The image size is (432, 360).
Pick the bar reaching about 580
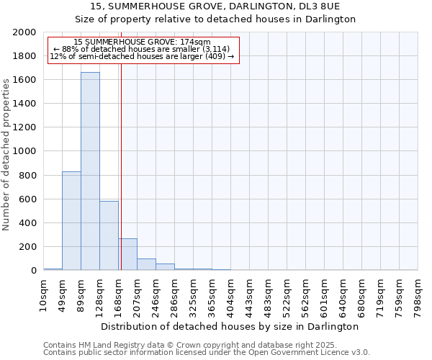pos(109,235)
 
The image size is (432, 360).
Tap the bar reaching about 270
pos(128,254)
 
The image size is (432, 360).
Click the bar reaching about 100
pos(146,264)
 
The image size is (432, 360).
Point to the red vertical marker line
pos(121,151)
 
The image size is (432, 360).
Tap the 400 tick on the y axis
pos(29,223)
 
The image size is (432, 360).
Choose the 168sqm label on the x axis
pos(119,295)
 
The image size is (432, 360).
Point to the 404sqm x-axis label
pos(231,295)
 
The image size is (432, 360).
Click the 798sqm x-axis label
pos(418,295)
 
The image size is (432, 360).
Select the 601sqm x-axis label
pos(325,295)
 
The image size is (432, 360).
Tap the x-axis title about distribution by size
pos(230,326)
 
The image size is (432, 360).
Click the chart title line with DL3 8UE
pos(216,6)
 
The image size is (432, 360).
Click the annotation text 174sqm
pos(143,42)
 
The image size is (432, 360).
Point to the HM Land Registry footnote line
pos(185,345)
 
